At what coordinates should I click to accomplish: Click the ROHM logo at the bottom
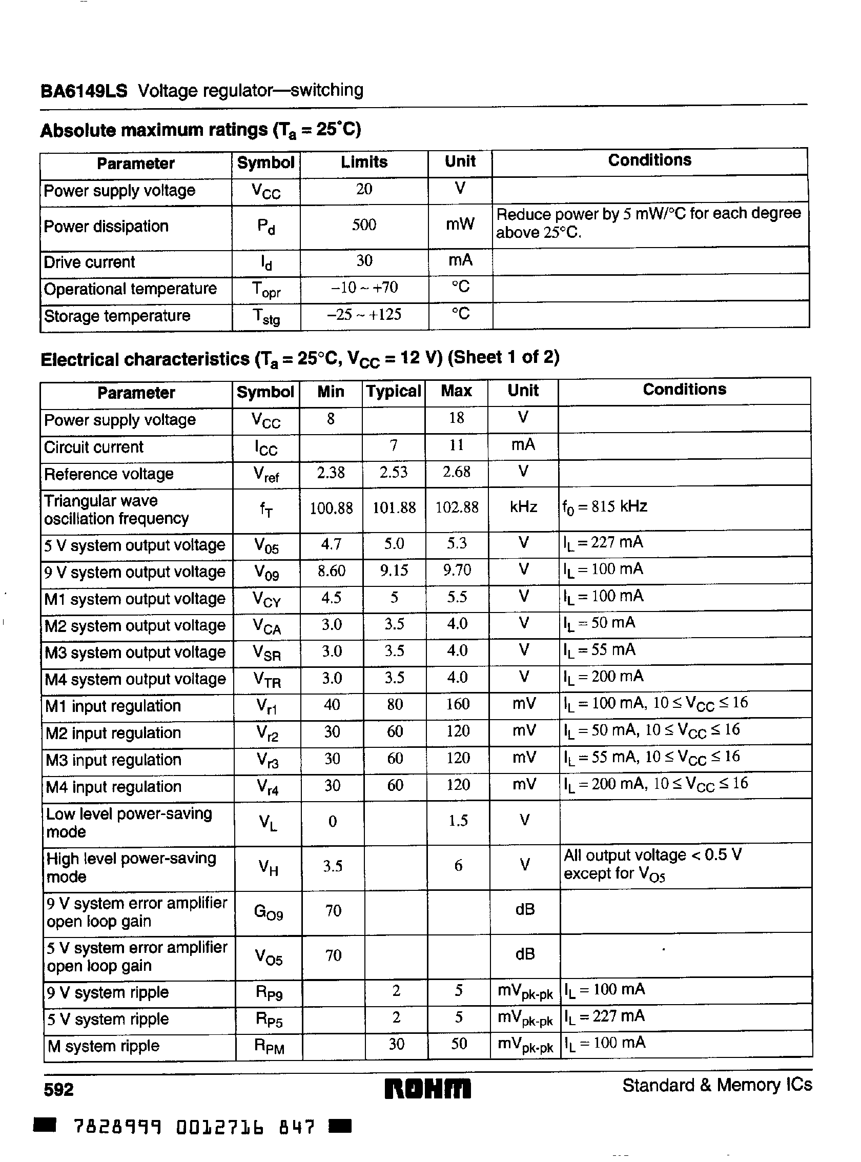point(427,1089)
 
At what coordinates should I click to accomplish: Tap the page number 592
point(59,1090)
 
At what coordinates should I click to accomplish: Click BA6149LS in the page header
point(84,91)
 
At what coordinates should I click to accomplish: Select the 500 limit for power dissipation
point(364,225)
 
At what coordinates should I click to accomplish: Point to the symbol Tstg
point(266,316)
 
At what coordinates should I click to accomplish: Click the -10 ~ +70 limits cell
point(364,288)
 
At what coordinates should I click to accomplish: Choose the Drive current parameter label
point(90,262)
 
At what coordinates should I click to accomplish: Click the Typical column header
point(394,392)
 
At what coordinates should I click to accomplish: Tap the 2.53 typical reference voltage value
point(394,472)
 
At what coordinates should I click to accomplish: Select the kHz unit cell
point(523,507)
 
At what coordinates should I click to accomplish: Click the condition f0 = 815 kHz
point(605,507)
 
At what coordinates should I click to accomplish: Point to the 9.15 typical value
point(394,570)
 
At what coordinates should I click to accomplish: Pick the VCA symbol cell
point(266,626)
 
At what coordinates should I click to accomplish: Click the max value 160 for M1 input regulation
point(458,704)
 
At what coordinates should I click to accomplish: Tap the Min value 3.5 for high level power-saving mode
point(333,866)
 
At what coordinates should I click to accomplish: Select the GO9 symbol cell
point(268,912)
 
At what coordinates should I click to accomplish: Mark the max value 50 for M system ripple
point(458,1044)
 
